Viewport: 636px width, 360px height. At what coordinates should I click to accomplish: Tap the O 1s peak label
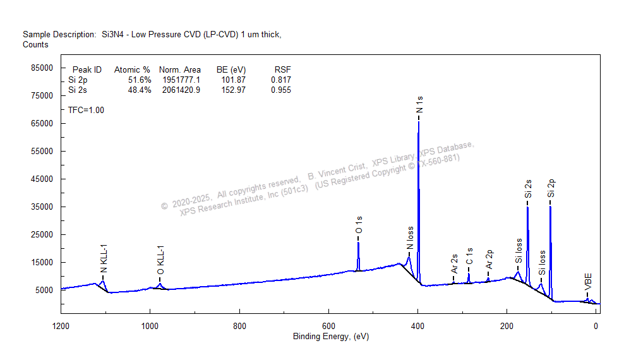[359, 225]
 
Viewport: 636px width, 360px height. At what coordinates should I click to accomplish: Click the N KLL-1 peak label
[104, 259]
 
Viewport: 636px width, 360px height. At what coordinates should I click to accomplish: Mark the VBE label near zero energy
[588, 282]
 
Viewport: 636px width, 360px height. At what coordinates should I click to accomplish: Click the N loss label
[410, 239]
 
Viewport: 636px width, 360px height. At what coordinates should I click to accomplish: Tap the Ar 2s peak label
[454, 264]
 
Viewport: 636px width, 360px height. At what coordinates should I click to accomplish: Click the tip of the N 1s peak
[418, 122]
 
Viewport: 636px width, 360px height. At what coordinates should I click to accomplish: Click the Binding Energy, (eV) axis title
[330, 337]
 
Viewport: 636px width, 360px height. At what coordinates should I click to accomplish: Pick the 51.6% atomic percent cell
[139, 80]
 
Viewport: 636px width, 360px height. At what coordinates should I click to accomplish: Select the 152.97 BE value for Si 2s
[231, 90]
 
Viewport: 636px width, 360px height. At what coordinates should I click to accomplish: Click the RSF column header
[282, 69]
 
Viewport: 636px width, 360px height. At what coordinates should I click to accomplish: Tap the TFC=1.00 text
[87, 110]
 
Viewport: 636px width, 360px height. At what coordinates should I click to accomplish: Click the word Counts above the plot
[35, 45]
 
